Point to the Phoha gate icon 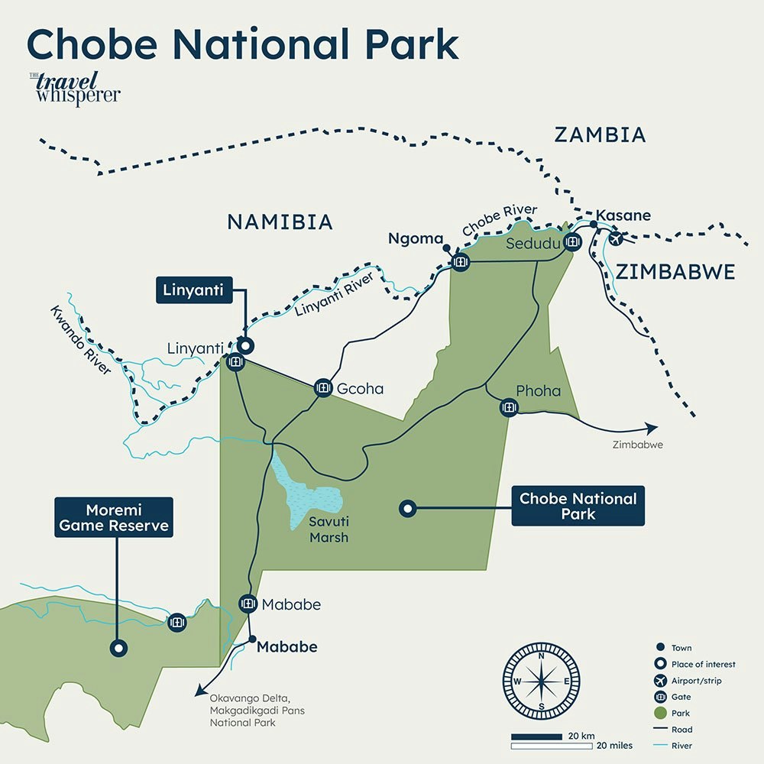pos(508,407)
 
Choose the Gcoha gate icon pos(322,388)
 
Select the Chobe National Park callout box pos(578,507)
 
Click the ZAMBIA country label pos(600,135)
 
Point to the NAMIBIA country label pos(280,222)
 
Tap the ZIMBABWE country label pos(675,272)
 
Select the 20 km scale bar pos(542,736)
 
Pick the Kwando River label pos(81,340)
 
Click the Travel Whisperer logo pos(74,88)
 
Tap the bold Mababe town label pos(286,647)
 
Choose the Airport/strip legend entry pos(696,681)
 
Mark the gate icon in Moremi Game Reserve pos(177,622)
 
